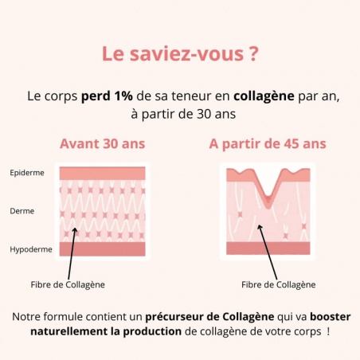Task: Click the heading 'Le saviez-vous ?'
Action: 179,54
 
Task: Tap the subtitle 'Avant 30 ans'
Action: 103,144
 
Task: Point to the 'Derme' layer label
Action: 22,211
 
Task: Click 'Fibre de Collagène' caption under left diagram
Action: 68,284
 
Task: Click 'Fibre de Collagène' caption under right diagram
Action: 278,284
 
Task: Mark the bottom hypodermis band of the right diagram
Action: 268,249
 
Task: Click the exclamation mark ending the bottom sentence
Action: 328,331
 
